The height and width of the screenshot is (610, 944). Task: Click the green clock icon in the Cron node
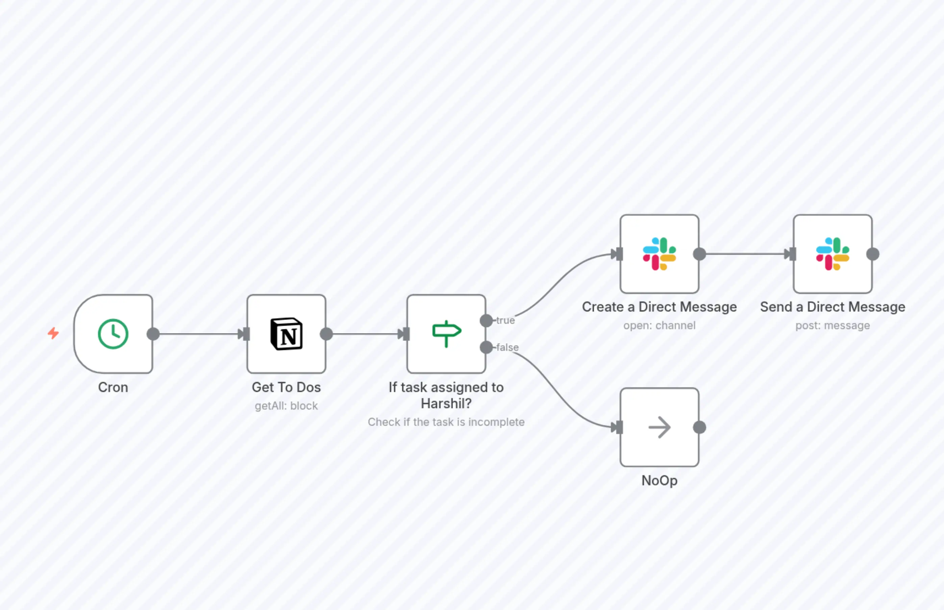(113, 334)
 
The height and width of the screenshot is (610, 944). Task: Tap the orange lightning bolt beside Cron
(53, 333)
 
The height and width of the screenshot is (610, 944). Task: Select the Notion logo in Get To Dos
(286, 334)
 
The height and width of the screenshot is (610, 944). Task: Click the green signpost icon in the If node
(446, 334)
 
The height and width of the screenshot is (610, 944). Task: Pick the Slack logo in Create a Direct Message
(659, 254)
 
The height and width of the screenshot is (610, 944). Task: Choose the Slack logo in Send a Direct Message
(833, 254)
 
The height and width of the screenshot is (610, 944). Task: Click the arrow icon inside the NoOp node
(659, 427)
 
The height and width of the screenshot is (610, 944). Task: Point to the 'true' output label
(506, 320)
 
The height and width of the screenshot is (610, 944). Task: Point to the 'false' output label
(507, 347)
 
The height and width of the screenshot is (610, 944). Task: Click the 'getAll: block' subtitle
(286, 406)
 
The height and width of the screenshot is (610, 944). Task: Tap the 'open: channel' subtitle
(659, 325)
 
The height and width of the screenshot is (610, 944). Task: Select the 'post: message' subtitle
(833, 325)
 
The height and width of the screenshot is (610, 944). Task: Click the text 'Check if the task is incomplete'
(446, 422)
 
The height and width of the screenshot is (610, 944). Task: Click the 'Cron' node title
(113, 387)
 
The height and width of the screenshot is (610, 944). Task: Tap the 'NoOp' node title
(659, 481)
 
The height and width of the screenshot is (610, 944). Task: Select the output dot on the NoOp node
(700, 427)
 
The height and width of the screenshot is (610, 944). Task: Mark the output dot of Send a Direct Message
(873, 254)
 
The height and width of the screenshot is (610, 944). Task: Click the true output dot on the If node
(486, 320)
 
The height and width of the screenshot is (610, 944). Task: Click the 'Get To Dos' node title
(286, 387)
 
